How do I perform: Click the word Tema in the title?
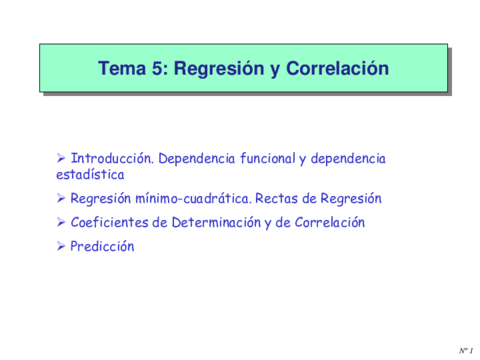(x=120, y=69)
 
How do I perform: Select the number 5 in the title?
(x=159, y=69)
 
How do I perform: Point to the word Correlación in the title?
(x=335, y=69)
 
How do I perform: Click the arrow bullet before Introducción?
(x=61, y=158)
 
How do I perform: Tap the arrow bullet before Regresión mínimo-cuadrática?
(x=61, y=198)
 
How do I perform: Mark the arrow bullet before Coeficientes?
(x=61, y=222)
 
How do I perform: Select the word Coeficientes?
(x=110, y=222)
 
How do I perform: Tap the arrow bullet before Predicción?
(x=61, y=246)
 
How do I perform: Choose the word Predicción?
(x=102, y=246)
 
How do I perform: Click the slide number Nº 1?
(x=466, y=351)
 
